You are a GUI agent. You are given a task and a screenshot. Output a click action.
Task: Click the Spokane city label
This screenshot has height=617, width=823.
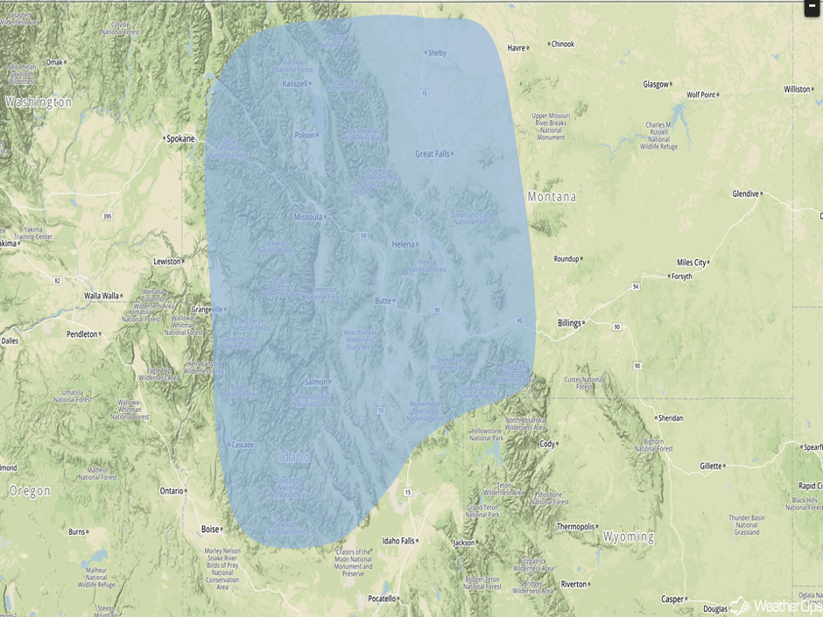(180, 138)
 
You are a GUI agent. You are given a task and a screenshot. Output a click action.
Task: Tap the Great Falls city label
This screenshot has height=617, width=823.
(432, 154)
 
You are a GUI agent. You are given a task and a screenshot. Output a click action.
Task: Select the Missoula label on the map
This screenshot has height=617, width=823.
(307, 217)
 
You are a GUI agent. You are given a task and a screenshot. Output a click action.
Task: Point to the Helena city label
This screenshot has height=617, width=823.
(403, 243)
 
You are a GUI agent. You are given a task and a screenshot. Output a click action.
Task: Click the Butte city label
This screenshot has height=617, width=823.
(383, 300)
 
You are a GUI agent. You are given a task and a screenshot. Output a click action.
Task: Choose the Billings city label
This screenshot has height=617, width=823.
(569, 323)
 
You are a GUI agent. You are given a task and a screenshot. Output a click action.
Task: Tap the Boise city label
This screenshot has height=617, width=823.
(210, 529)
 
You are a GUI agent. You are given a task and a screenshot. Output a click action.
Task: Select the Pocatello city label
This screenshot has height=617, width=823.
(382, 599)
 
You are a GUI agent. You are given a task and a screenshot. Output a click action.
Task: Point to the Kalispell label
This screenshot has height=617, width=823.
(295, 84)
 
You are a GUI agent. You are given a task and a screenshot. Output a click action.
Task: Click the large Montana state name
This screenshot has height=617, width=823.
(552, 197)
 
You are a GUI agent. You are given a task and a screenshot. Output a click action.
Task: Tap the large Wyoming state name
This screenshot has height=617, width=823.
(629, 536)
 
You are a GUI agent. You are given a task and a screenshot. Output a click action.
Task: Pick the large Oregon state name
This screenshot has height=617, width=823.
(29, 491)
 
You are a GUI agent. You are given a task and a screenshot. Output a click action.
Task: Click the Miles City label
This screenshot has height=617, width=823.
(691, 263)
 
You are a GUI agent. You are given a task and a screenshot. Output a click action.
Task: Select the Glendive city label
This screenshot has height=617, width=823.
(746, 194)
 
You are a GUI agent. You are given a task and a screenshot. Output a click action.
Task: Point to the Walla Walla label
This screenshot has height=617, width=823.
(102, 296)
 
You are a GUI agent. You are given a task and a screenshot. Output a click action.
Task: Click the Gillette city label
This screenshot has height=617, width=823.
(711, 466)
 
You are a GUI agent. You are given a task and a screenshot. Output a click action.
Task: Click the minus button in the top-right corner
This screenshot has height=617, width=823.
(812, 7)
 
